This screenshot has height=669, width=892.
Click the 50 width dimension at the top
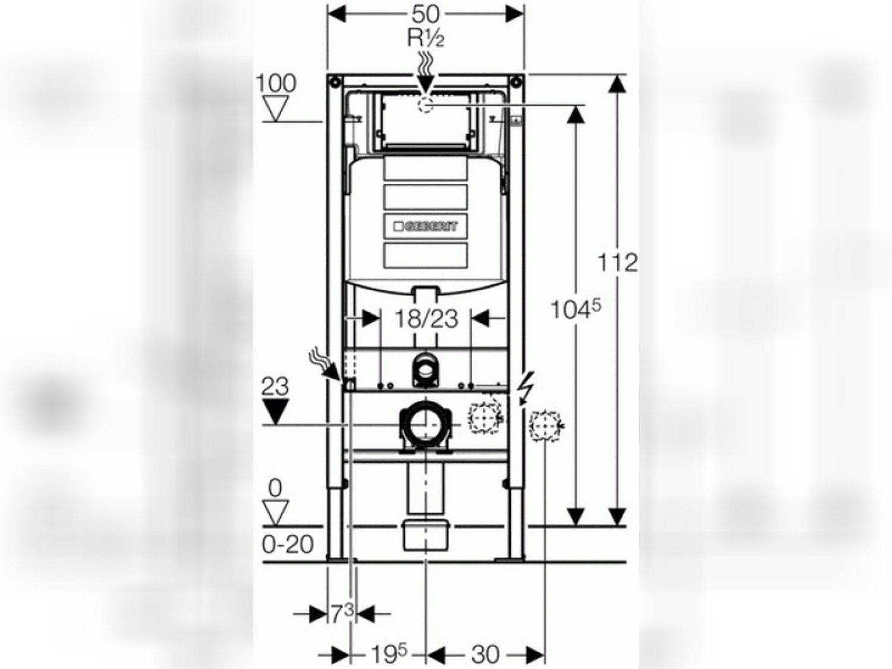[x=425, y=15]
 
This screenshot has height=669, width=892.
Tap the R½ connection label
[x=426, y=39]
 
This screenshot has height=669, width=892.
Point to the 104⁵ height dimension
[x=576, y=310]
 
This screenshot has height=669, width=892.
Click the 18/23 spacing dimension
[x=427, y=319]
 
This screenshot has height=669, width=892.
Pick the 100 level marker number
[x=277, y=83]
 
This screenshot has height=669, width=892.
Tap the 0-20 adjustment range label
[x=288, y=544]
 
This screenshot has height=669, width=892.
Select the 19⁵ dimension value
[x=389, y=654]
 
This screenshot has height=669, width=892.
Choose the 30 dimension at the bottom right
[x=485, y=655]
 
